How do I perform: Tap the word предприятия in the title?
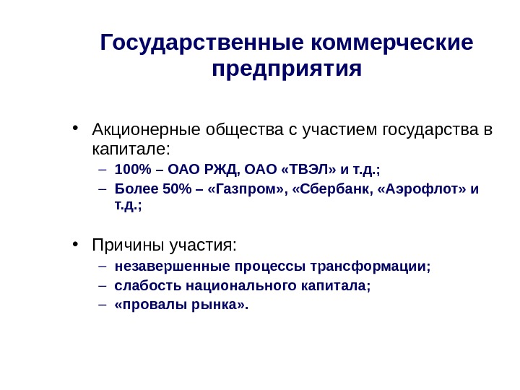pyautogui.click(x=287, y=70)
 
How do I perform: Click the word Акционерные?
pyautogui.click(x=147, y=131)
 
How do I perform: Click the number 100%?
pyautogui.click(x=131, y=170)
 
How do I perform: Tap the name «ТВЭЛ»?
pyautogui.click(x=310, y=170)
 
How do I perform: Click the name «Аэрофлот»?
pyautogui.click(x=422, y=189)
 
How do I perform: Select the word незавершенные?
pyautogui.click(x=162, y=266)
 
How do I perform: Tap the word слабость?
pyautogui.click(x=148, y=285)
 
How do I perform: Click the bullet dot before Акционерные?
pyautogui.click(x=76, y=131)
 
